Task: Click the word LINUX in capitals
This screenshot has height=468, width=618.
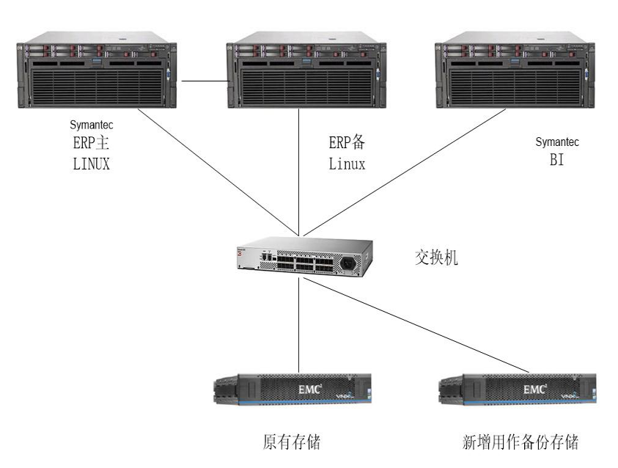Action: coord(92,164)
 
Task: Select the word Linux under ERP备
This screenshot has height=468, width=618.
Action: coord(347,164)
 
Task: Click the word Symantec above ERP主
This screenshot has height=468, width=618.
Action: coord(92,125)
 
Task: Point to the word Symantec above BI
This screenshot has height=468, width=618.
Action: coord(557,142)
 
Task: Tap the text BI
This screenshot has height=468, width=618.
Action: coord(556,160)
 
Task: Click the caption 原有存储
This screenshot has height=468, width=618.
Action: coord(292,442)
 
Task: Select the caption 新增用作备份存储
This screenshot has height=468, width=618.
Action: coord(520,442)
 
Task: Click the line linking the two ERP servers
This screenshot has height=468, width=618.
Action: coord(203,80)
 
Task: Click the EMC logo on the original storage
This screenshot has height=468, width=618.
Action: coord(309,389)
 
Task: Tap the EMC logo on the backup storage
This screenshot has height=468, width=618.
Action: coord(534,389)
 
